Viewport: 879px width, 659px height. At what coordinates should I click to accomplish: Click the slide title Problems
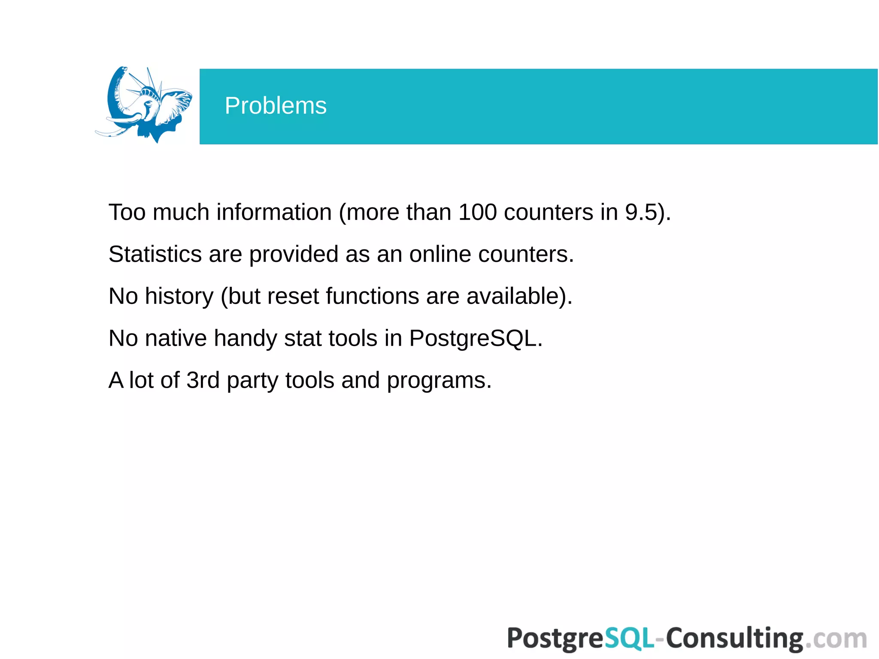(276, 106)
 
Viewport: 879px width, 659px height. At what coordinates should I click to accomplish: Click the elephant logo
(144, 105)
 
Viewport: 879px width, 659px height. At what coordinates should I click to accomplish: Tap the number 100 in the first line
(477, 212)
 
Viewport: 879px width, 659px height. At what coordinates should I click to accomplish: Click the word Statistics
(155, 254)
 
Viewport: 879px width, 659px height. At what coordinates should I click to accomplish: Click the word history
(179, 296)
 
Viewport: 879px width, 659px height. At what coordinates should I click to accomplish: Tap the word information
(274, 212)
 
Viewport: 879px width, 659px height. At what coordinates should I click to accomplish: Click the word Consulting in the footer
(734, 639)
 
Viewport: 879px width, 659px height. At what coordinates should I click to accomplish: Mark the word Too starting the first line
(127, 212)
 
